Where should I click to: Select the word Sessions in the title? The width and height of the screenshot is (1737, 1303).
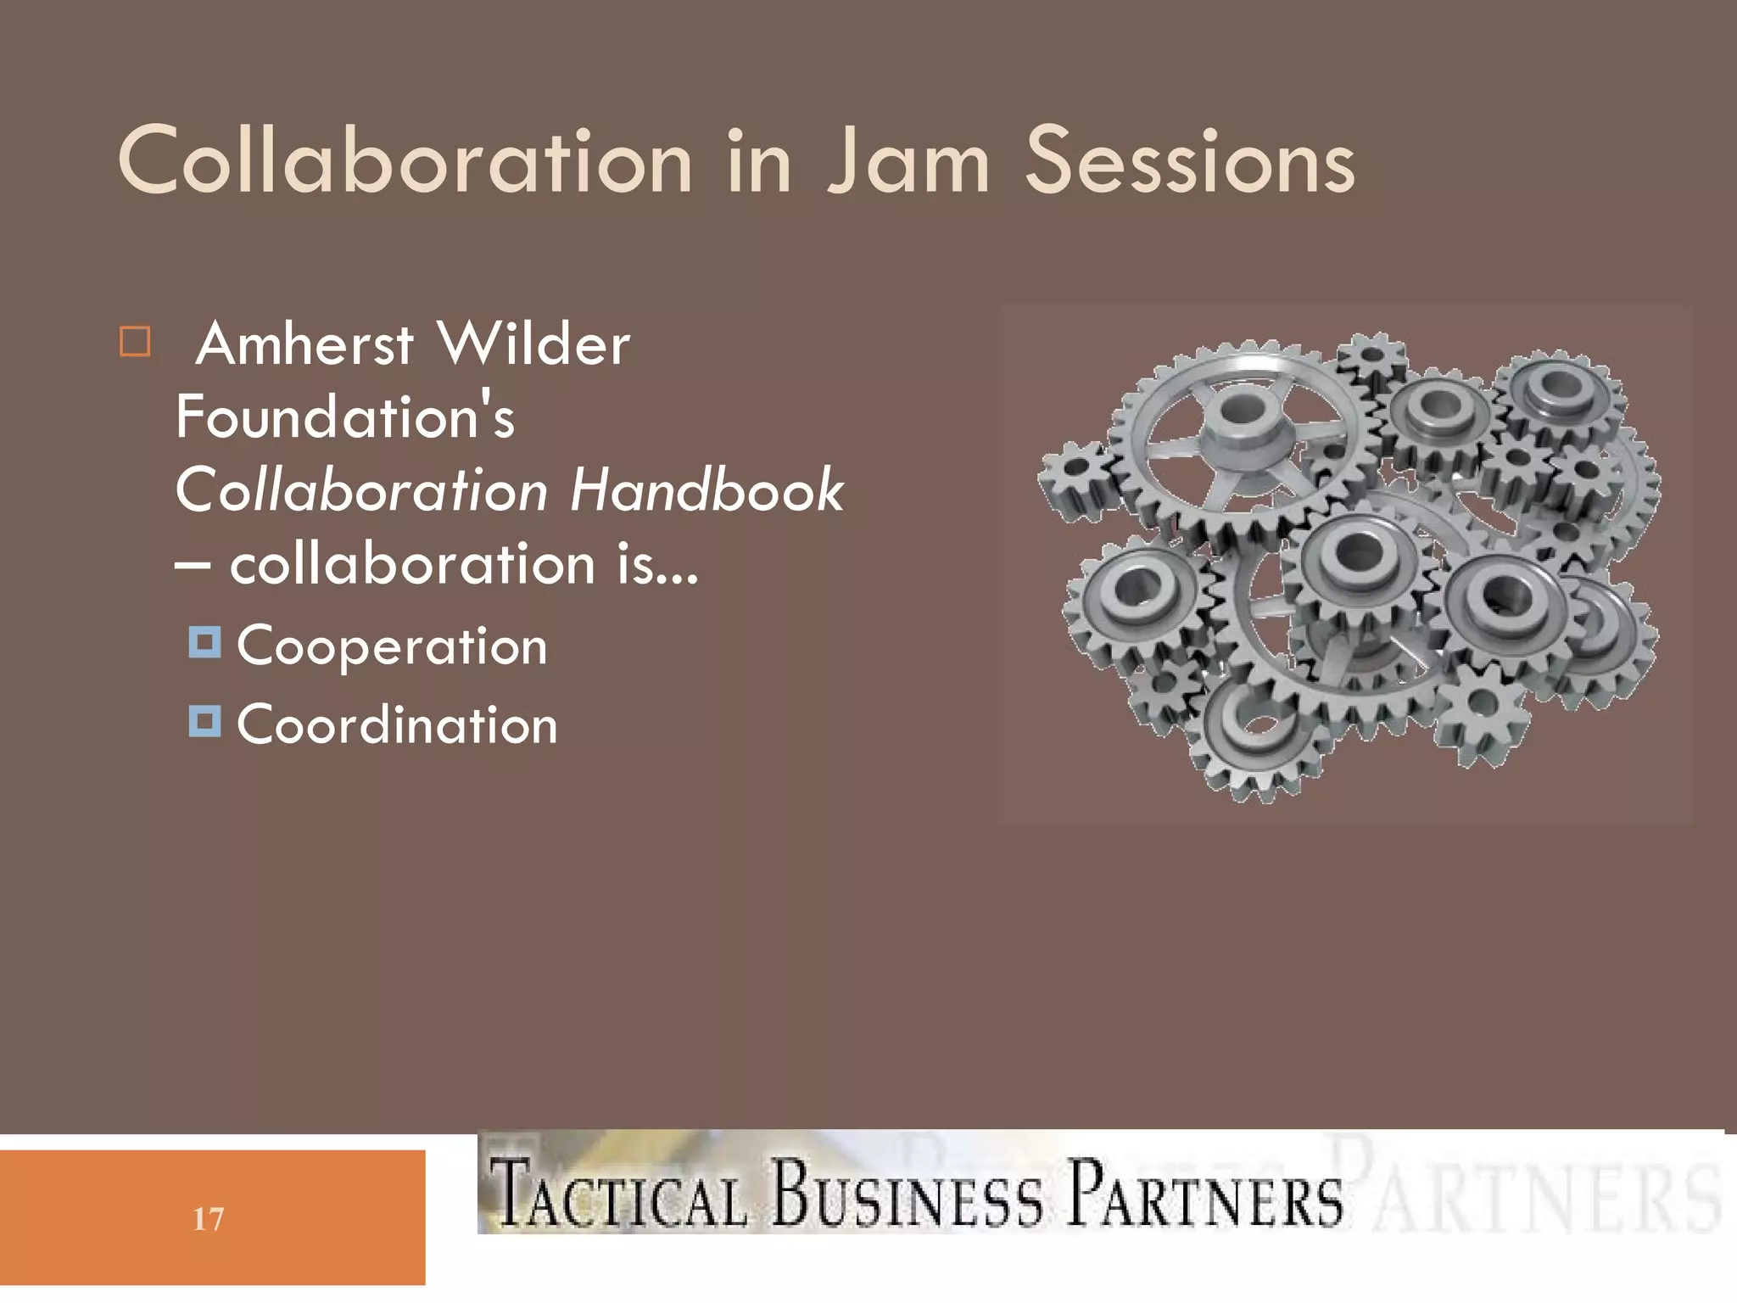click(1190, 161)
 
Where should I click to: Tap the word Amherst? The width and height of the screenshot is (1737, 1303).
click(305, 344)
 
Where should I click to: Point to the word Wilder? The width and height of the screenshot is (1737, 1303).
click(533, 344)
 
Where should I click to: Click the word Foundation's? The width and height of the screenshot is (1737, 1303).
click(345, 417)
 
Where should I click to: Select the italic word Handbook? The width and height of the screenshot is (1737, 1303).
click(707, 490)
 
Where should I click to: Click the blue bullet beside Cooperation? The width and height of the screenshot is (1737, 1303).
click(204, 642)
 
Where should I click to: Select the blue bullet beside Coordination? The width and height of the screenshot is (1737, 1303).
click(204, 721)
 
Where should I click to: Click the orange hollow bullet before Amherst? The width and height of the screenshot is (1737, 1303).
click(135, 342)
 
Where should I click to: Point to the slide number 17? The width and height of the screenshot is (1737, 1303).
click(209, 1219)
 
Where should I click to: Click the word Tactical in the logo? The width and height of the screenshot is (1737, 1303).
click(619, 1194)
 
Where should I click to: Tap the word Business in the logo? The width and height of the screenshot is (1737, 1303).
click(907, 1193)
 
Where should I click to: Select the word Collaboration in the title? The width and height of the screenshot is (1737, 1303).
click(405, 161)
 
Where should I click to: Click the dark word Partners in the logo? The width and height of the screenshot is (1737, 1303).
click(1204, 1193)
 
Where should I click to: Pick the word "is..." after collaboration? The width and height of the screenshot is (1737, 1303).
click(657, 565)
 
